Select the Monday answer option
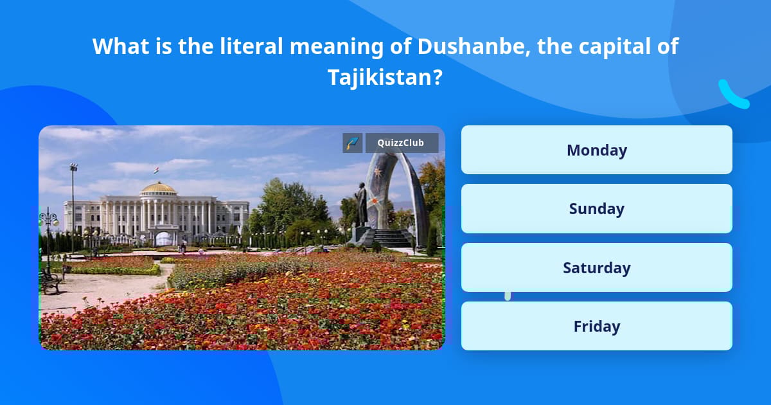pos(596,150)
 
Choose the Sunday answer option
pos(596,209)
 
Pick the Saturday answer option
pos(596,267)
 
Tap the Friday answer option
pos(596,326)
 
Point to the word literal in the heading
pos(251,46)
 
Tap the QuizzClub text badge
pos(402,143)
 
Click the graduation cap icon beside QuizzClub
pos(353,143)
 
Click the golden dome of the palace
pos(159,188)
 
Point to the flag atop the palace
pos(156,170)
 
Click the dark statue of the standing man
pos(360,204)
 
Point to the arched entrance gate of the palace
pos(163,238)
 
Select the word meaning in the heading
pos(336,47)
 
